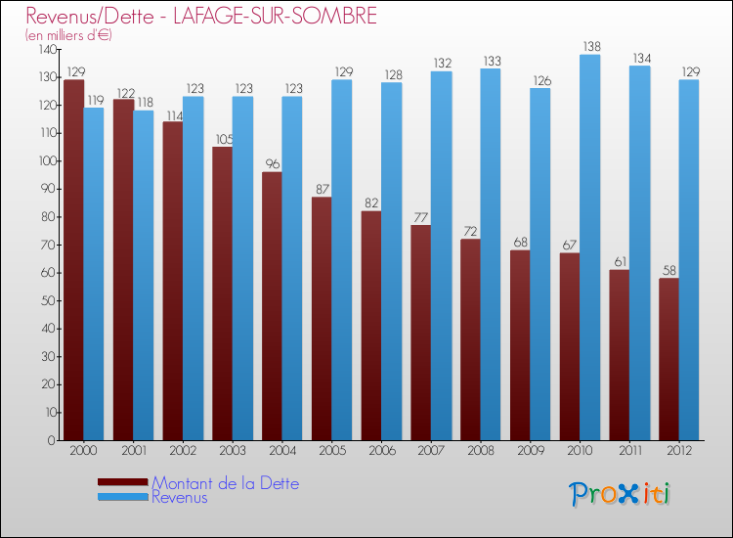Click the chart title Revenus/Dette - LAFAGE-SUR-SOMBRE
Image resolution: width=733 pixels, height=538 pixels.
[x=200, y=17]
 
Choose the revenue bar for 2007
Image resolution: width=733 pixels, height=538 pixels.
[x=441, y=255]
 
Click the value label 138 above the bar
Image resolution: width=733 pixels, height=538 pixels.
[x=590, y=46]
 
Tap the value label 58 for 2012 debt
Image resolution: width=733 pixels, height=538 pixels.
[x=668, y=270]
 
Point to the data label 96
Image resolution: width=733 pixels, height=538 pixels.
[x=272, y=163]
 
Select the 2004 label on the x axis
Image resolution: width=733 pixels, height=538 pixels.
[x=281, y=451]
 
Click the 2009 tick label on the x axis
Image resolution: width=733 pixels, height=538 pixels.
[x=530, y=451]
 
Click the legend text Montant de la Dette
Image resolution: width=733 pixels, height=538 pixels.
[x=225, y=483]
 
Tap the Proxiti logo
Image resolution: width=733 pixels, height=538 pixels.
[x=620, y=494]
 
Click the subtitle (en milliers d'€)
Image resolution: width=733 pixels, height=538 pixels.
[x=68, y=35]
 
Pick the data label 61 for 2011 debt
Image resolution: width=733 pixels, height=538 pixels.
[x=619, y=261]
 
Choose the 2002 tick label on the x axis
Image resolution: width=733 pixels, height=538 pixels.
[x=182, y=451]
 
